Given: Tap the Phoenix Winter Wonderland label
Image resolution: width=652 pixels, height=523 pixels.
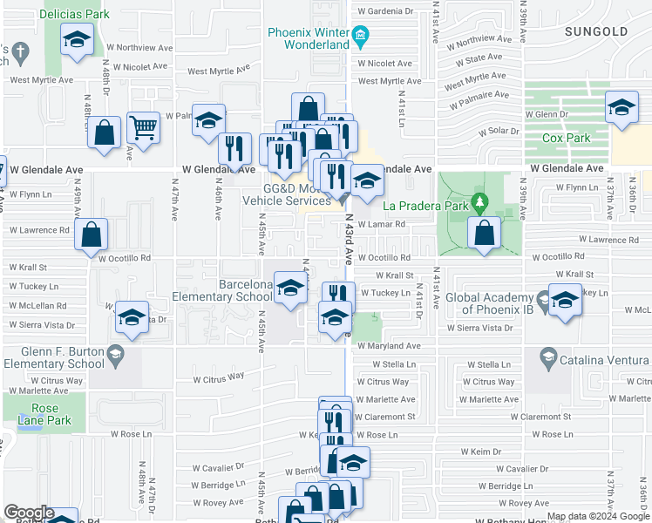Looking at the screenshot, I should coord(309,38).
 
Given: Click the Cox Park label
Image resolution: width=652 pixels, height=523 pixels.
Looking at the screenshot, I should coord(566,138).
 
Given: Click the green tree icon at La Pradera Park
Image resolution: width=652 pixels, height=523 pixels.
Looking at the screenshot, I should coord(479,204).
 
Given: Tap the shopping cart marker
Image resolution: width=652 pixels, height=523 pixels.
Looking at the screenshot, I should coord(143,127).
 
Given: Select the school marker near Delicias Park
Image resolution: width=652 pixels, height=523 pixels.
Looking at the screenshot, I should coord(78,39).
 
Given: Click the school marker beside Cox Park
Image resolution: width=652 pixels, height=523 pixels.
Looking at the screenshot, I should coord(620,107).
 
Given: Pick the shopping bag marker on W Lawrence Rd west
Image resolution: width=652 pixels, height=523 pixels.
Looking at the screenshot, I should coord(92,234).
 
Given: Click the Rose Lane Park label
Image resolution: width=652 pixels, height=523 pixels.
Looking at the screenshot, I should coord(45,414).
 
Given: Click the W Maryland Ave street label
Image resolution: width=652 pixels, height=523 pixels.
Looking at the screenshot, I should coord(389,346).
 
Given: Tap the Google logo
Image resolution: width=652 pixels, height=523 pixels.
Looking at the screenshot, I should coord(28,513).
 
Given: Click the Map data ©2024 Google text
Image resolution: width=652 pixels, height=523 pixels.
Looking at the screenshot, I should coord(598,516).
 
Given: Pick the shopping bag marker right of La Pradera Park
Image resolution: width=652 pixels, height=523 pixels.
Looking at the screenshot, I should coord(484,233).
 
